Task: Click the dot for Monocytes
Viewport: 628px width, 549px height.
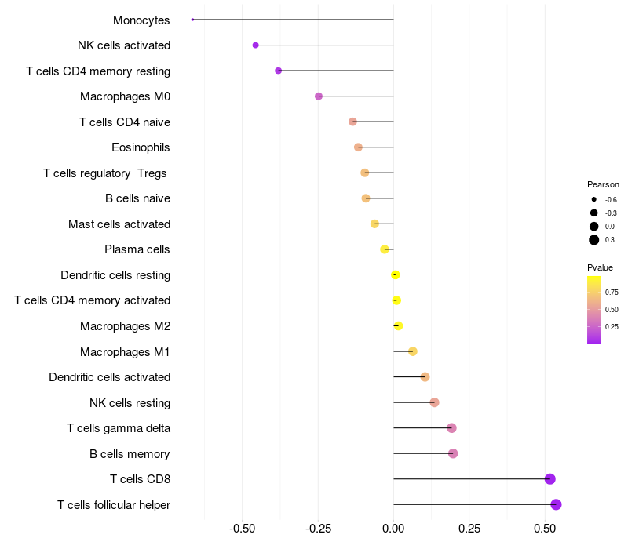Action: pyautogui.click(x=192, y=20)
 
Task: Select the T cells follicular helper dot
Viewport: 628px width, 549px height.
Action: pyautogui.click(x=556, y=504)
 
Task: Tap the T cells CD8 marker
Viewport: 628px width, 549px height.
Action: pyautogui.click(x=549, y=479)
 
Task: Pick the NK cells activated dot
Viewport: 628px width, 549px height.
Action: pyautogui.click(x=256, y=45)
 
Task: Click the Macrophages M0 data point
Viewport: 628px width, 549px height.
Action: pyautogui.click(x=319, y=96)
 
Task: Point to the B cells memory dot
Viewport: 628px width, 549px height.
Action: pyautogui.click(x=453, y=453)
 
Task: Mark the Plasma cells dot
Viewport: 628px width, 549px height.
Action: pyautogui.click(x=385, y=249)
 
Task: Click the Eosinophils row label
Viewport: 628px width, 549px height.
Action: pyautogui.click(x=141, y=147)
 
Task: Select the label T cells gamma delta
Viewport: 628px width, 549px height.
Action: pyautogui.click(x=119, y=428)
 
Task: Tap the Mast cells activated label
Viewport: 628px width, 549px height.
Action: pyautogui.click(x=119, y=224)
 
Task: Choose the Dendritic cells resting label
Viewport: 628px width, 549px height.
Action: pyautogui.click(x=115, y=275)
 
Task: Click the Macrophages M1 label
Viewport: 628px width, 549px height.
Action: pyautogui.click(x=125, y=351)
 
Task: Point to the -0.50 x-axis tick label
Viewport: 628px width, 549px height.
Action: pyautogui.click(x=243, y=529)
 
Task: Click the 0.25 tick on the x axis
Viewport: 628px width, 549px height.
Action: pyautogui.click(x=469, y=529)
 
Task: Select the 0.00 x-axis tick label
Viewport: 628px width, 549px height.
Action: pyautogui.click(x=393, y=529)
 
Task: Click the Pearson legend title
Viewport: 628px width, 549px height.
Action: pyautogui.click(x=603, y=184)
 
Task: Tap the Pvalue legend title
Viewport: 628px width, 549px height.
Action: pyautogui.click(x=601, y=267)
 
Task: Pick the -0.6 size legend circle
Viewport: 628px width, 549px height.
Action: pyautogui.click(x=594, y=199)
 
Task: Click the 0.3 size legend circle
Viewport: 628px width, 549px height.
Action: pyautogui.click(x=594, y=240)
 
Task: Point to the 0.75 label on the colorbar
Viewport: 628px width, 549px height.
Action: pyautogui.click(x=611, y=292)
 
